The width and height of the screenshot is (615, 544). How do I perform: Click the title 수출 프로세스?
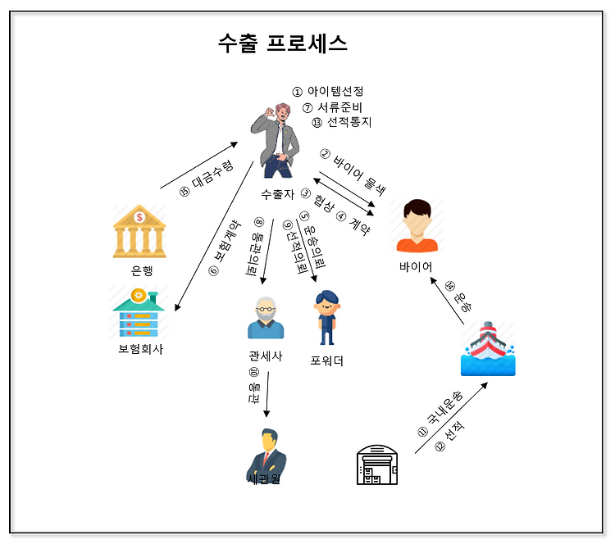click(x=282, y=43)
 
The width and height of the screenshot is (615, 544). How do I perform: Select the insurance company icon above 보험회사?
click(x=139, y=312)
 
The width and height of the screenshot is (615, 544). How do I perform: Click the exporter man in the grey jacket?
click(x=278, y=139)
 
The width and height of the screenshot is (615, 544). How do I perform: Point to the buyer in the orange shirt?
click(x=417, y=225)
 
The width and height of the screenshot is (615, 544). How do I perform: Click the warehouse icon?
click(x=376, y=465)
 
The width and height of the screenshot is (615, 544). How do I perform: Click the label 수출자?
click(x=277, y=194)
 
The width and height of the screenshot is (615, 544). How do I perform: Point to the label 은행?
click(x=142, y=270)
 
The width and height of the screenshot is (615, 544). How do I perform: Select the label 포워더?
click(x=327, y=360)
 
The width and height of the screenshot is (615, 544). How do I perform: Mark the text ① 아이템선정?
click(x=327, y=91)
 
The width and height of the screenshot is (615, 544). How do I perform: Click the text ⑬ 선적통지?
click(x=342, y=122)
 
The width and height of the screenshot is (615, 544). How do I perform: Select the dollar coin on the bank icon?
click(x=140, y=217)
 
